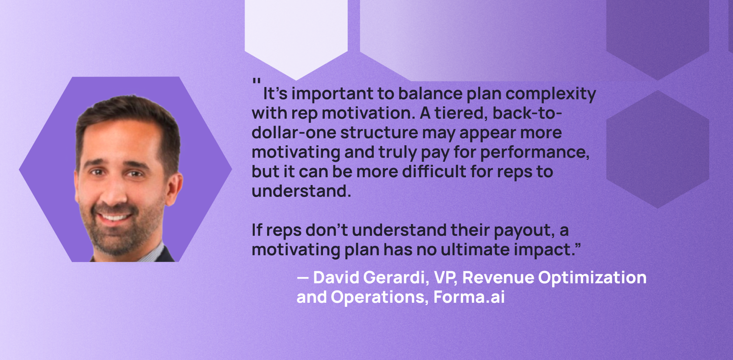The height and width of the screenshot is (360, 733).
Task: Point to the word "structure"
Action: [x=379, y=133]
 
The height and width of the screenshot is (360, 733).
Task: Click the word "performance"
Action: [x=535, y=153]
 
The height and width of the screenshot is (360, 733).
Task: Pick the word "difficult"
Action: [x=434, y=171]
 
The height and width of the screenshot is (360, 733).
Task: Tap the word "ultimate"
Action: [x=475, y=250]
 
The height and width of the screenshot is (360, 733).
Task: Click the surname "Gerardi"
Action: [x=396, y=278]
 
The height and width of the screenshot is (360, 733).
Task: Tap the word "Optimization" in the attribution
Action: [x=592, y=278]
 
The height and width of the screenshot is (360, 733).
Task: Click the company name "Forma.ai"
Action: [x=469, y=297]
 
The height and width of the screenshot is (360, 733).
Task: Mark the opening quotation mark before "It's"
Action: [x=257, y=82]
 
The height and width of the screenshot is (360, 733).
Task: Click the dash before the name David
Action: [x=303, y=278]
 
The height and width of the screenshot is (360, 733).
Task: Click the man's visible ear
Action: [x=175, y=189]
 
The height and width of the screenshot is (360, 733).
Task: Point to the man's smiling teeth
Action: [x=114, y=217]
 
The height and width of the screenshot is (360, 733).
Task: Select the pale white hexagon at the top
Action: [x=296, y=36]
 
